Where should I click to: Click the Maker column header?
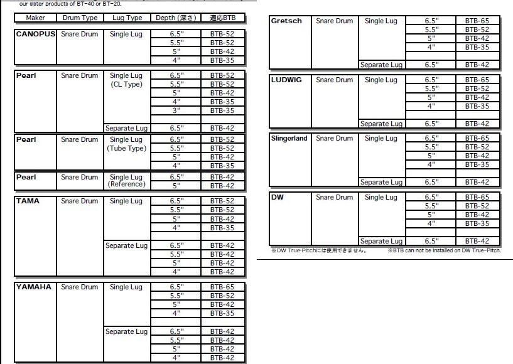click(x=36, y=18)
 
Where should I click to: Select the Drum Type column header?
click(x=80, y=18)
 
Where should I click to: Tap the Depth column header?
click(x=176, y=18)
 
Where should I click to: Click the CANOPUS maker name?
click(x=35, y=34)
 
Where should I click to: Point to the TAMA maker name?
click(x=28, y=201)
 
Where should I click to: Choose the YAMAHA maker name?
click(x=34, y=287)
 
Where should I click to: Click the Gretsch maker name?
click(x=286, y=21)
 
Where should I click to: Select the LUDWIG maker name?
click(x=286, y=80)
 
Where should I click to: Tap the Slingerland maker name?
click(x=289, y=138)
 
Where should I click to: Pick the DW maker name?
click(x=278, y=197)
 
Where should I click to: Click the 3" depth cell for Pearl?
click(x=176, y=110)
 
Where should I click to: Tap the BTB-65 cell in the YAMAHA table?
click(x=222, y=287)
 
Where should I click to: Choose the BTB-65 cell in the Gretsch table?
click(x=477, y=21)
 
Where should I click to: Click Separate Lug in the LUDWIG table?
click(x=381, y=124)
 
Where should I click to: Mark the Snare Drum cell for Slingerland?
click(x=334, y=138)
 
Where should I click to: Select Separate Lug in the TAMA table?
click(x=126, y=245)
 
